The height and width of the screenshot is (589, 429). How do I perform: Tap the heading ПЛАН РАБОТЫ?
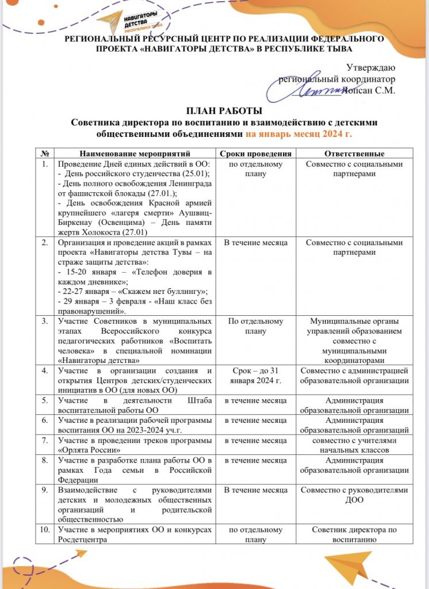pyautogui.click(x=214, y=110)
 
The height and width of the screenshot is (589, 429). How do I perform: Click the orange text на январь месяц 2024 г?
pyautogui.click(x=298, y=133)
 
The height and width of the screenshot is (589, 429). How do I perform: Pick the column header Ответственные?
pyautogui.click(x=354, y=154)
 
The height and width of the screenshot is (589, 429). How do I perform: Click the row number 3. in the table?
pyautogui.click(x=45, y=321)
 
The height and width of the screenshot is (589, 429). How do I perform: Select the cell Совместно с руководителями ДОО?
pyautogui.click(x=354, y=495)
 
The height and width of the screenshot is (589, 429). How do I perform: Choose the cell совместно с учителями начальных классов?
pyautogui.click(x=354, y=445)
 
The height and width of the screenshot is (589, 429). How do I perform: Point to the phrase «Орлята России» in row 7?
pyautogui.click(x=84, y=450)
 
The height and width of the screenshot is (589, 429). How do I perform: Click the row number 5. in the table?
pyautogui.click(x=45, y=400)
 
